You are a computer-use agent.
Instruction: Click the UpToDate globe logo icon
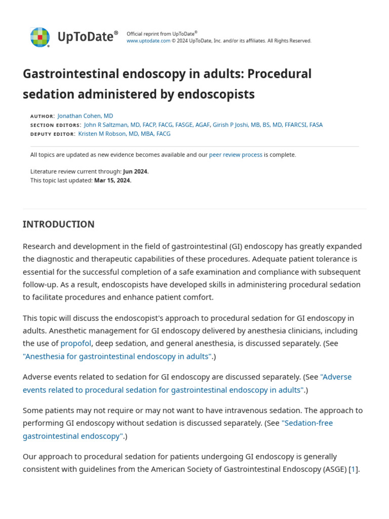coord(40,37)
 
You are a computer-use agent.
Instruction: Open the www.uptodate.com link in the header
coord(148,41)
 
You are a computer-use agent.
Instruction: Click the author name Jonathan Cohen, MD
coord(85,116)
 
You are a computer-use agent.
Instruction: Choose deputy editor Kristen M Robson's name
coord(124,134)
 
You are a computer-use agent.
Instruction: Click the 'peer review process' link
coord(236,155)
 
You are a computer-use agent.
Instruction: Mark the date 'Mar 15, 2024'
coord(112,180)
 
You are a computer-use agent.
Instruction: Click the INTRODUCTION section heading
coord(58,224)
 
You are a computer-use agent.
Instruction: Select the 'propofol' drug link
coord(76,343)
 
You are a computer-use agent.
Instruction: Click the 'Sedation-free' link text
coord(307,423)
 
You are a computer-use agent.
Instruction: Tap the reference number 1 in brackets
coord(354,469)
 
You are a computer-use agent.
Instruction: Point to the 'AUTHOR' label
coord(42,117)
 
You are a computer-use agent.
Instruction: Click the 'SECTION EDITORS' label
coord(55,125)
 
